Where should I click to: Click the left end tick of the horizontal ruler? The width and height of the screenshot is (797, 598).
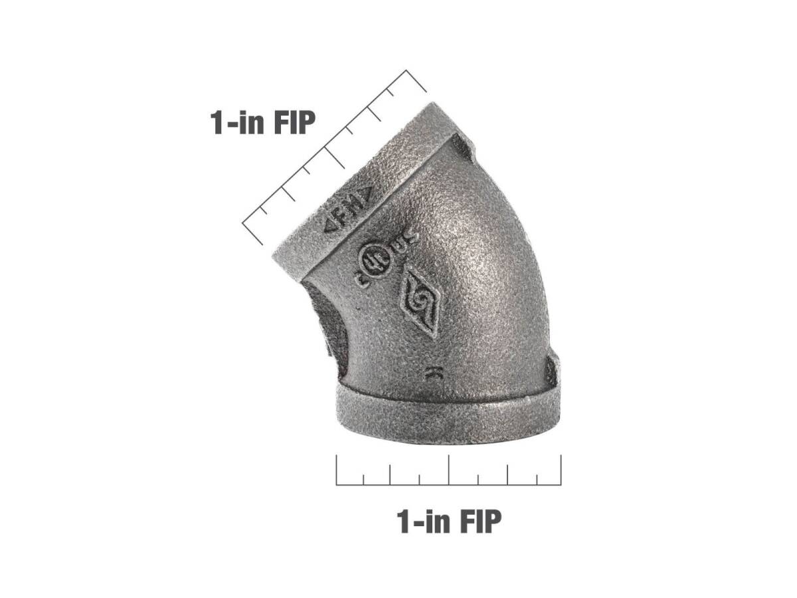click(x=337, y=470)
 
